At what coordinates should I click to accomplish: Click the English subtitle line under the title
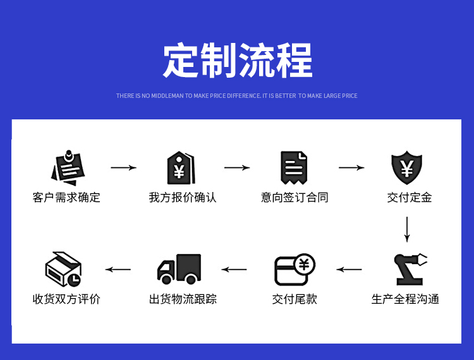[237, 96]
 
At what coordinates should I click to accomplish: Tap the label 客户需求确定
[66, 198]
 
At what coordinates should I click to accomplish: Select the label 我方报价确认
[183, 198]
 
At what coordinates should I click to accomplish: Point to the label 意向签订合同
[295, 198]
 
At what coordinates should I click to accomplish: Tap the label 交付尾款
[295, 299]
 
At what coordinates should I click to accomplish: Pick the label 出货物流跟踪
[183, 299]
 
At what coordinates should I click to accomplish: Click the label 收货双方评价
[66, 299]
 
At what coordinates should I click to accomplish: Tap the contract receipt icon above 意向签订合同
[295, 168]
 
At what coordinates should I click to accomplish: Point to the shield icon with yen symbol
[408, 168]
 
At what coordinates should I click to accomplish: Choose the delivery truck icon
[179, 269]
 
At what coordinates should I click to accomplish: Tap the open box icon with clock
[64, 269]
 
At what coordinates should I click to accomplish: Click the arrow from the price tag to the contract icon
[237, 168]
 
